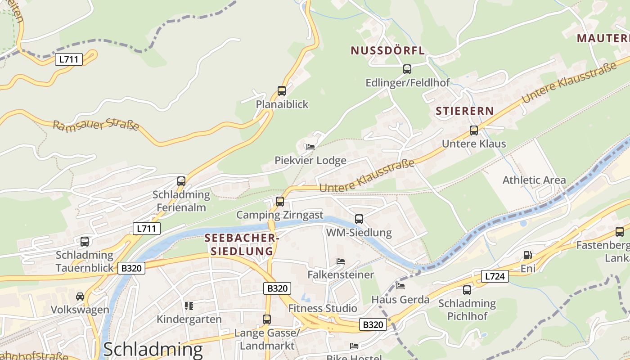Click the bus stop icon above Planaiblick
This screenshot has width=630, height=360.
point(282,91)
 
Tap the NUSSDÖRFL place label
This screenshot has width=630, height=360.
point(387,50)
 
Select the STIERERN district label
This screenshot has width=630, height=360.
point(464,111)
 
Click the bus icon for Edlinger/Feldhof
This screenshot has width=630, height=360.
point(407,69)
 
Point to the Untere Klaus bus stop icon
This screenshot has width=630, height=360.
point(474,130)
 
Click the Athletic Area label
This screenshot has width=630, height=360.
point(534,180)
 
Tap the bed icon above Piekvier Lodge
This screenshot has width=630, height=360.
point(310,147)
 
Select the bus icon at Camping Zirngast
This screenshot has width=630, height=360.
point(280,201)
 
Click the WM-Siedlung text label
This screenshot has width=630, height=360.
point(359,233)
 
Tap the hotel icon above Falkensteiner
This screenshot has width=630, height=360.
point(341,261)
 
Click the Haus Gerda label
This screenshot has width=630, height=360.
point(400,299)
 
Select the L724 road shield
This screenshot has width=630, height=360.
point(495,276)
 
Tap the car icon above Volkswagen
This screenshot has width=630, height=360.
point(80,297)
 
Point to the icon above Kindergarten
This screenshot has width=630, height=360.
point(189,306)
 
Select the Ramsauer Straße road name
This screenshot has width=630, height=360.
point(96,125)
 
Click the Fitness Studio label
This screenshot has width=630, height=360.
point(323,308)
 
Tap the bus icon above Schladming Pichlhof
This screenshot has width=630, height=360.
point(467,290)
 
